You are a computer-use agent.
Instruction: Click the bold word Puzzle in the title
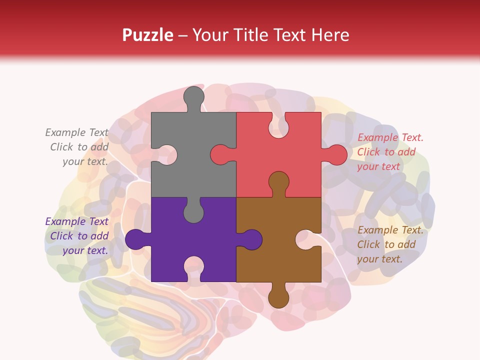click(147, 35)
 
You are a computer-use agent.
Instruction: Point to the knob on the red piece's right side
click(335, 154)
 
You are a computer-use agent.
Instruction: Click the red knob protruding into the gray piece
click(221, 154)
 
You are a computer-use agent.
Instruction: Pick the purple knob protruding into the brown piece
click(250, 239)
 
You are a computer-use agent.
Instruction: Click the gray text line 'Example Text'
click(76, 132)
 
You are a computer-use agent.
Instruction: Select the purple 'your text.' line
click(85, 250)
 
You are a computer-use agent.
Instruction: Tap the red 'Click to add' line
click(386, 152)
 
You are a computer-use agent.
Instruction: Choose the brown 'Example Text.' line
click(390, 230)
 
